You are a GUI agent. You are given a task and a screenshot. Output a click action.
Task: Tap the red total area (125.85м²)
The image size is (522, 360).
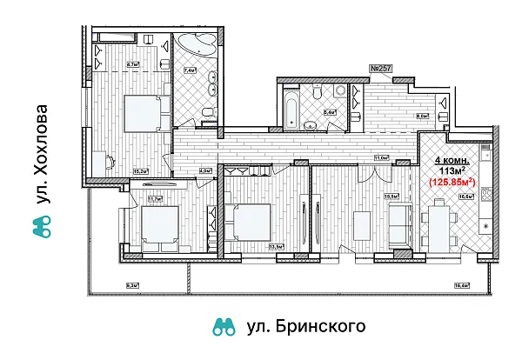(453, 182)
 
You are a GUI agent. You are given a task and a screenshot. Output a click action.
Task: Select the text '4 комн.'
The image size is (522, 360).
(452, 161)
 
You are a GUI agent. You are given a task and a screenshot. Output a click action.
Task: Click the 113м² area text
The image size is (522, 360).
(452, 171)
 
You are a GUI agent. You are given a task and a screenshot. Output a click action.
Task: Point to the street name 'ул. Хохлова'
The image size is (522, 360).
(37, 156)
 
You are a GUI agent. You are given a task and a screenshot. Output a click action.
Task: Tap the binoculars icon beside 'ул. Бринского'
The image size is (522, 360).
(224, 328)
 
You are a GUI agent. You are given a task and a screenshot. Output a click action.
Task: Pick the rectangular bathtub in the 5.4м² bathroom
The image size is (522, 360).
(293, 110)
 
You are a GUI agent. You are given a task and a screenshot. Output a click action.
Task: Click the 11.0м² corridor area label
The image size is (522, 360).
(380, 157)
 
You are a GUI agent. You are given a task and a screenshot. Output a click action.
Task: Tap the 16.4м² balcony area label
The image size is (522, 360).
(485, 284)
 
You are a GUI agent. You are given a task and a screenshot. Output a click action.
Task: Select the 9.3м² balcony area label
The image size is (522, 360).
(130, 284)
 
